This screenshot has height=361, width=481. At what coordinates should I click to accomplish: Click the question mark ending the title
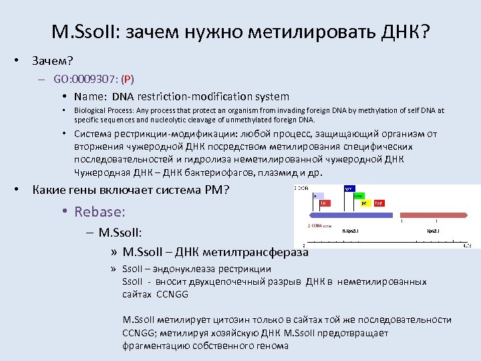click(x=424, y=32)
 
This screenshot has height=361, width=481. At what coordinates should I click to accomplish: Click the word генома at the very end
click(x=272, y=346)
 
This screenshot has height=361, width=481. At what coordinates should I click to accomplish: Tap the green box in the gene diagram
click(x=359, y=196)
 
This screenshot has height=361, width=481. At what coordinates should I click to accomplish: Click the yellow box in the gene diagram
click(x=365, y=203)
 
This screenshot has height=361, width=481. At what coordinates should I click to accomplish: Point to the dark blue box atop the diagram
click(x=349, y=189)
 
